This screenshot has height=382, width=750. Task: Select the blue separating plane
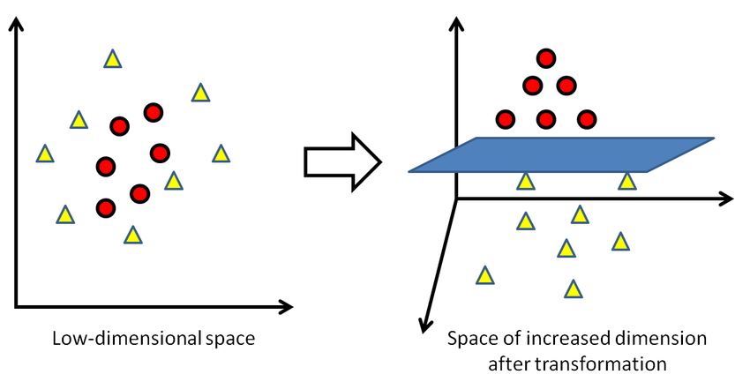coord(561,154)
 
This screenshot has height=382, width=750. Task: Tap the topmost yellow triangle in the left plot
coord(112,59)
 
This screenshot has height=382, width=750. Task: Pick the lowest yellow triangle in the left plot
coord(132,236)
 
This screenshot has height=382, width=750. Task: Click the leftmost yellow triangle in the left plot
coord(43,154)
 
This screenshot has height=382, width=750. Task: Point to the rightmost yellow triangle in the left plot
coord(221,154)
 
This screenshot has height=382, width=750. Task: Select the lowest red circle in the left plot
coord(105,208)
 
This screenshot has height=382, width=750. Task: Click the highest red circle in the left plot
coord(154,112)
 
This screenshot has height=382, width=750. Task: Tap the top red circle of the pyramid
coord(546,59)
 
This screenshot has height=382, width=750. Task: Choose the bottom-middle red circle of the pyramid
coord(546,118)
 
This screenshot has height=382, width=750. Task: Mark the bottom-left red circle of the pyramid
coord(506,118)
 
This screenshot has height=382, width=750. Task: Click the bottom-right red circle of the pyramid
coord(586,118)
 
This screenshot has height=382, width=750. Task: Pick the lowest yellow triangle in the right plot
coord(574,288)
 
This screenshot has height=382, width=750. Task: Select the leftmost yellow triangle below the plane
coord(484,276)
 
